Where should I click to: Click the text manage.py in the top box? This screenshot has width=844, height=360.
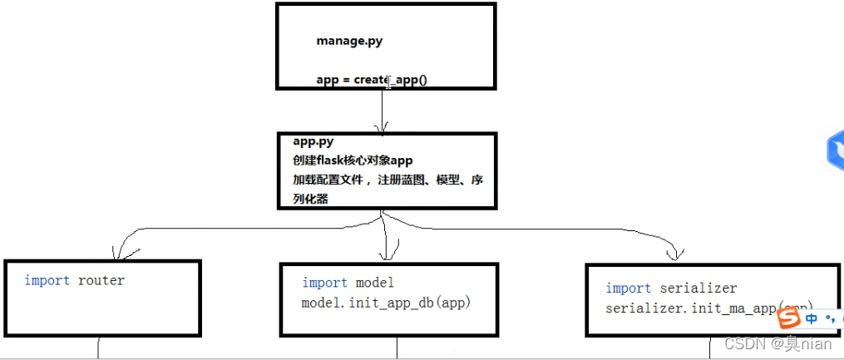349,40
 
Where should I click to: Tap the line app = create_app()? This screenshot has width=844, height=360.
371,80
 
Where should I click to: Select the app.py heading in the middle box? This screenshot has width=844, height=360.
313,141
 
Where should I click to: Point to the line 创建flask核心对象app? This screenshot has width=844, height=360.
353,160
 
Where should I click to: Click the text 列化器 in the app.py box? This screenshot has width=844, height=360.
310,199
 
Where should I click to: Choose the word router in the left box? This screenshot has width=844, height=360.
101,280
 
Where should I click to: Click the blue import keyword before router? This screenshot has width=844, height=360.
47,280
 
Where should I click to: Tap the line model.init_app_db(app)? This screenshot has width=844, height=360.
386,303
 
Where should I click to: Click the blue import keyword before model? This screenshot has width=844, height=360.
325,283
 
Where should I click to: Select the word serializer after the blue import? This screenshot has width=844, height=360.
698,288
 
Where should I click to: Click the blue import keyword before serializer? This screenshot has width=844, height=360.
629,288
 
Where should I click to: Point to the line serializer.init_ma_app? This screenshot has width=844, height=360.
690,308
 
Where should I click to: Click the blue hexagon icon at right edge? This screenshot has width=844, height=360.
835,150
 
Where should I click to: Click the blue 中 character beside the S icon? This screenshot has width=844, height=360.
812,318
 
